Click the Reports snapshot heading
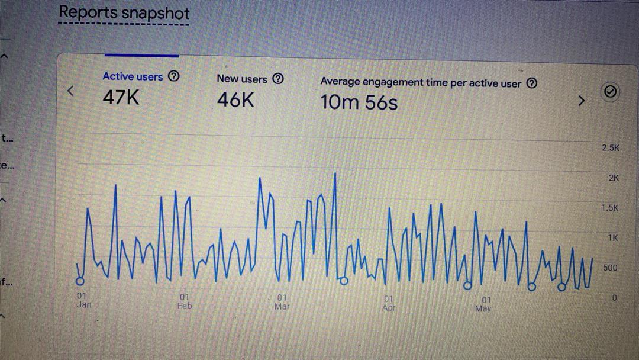124,12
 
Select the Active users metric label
133,76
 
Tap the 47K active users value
121,97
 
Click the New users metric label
242,79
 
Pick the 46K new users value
235,100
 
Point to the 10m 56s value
359,102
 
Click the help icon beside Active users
173,76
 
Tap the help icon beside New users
278,79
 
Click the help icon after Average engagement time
532,83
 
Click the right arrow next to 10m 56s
581,101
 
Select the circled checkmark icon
611,92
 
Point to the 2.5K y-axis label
610,148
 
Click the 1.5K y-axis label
609,208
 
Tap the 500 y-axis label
610,268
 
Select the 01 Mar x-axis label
282,302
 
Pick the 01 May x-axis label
483,304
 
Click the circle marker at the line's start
80,281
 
